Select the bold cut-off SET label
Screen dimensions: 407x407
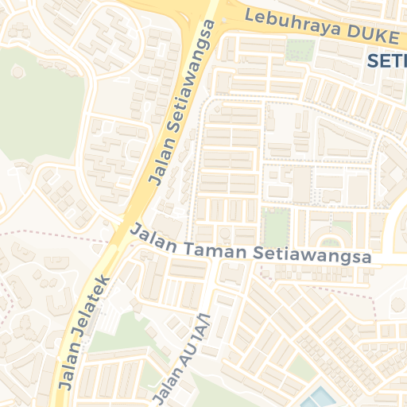pos(387,60)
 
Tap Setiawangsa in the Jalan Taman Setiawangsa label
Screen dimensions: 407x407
pos(314,256)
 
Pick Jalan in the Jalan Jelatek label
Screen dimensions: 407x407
pos(68,369)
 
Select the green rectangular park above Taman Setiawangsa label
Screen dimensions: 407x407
pos(274,227)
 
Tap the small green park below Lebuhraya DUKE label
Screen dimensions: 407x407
pos(300,51)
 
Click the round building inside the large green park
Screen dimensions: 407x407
pos(17,72)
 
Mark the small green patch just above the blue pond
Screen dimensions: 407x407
pos(298,366)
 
